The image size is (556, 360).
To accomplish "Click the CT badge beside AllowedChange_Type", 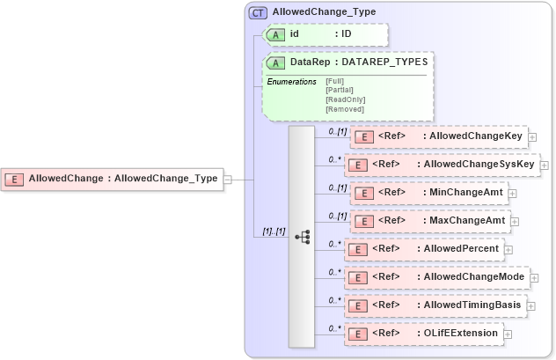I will pyautogui.click(x=258, y=12).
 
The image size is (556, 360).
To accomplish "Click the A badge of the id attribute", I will pyautogui.click(x=276, y=33).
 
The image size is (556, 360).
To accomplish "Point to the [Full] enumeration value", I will pyautogui.click(x=335, y=81).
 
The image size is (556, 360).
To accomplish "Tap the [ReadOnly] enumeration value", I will pyautogui.click(x=345, y=99).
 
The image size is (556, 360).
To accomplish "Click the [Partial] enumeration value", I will pyautogui.click(x=339, y=90).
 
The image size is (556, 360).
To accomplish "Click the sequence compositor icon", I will pyautogui.click(x=302, y=237).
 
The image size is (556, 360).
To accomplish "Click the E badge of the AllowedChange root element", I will pyautogui.click(x=14, y=179).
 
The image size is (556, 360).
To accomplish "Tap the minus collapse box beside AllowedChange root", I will pyautogui.click(x=227, y=179).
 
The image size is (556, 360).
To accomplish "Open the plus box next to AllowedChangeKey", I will pyautogui.click(x=532, y=137).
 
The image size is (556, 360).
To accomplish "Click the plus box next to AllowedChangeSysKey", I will pyautogui.click(x=544, y=165).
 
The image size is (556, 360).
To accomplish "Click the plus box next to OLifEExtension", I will pyautogui.click(x=507, y=334).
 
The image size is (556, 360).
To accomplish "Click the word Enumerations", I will pyautogui.click(x=291, y=81).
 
